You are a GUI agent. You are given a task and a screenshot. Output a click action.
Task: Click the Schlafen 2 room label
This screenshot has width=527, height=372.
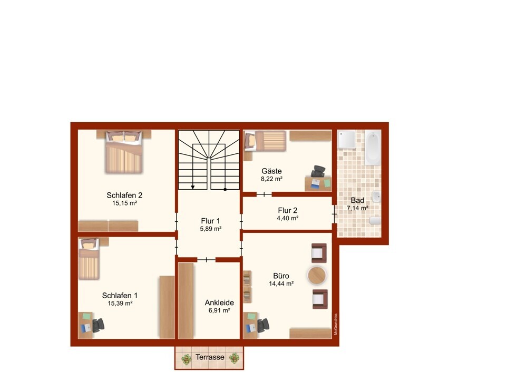124,195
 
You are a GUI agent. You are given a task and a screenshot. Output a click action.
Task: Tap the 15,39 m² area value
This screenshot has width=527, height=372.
120,304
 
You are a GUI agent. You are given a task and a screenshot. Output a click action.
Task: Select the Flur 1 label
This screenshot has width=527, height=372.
210,221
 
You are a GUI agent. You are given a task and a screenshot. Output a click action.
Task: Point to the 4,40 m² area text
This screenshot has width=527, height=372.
288,218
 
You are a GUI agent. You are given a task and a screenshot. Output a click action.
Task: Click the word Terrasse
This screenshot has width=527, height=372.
210,357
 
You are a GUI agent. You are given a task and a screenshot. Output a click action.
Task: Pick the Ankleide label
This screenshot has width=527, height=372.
219,302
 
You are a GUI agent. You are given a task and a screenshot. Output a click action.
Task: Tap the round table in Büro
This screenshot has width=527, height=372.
317,276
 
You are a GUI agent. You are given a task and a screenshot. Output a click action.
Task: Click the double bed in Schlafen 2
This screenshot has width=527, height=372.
124,152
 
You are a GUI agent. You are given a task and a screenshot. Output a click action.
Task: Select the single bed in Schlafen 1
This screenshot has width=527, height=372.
89,259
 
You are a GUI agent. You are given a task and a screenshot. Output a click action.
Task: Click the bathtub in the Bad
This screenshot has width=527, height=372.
373,148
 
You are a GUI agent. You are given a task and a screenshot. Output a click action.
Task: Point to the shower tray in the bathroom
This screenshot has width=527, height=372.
347,139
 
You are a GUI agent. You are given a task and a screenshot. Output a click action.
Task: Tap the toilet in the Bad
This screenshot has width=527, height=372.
375,221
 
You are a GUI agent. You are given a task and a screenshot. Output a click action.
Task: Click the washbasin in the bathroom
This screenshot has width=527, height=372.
376,197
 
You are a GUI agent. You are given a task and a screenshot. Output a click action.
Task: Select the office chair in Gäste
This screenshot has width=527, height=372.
318,171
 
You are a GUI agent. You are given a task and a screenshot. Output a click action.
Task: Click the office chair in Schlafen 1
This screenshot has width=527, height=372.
98,325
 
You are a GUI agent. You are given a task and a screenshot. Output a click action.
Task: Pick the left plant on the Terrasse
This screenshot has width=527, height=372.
186,359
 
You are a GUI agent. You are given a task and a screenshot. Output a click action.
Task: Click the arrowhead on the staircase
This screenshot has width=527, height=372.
192,187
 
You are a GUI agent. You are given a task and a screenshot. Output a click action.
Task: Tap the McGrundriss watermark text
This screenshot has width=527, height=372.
336,325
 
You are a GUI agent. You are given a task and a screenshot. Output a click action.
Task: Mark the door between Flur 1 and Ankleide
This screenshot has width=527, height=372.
206,259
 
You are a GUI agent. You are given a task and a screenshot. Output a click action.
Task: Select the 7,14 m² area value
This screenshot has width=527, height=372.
357,208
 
